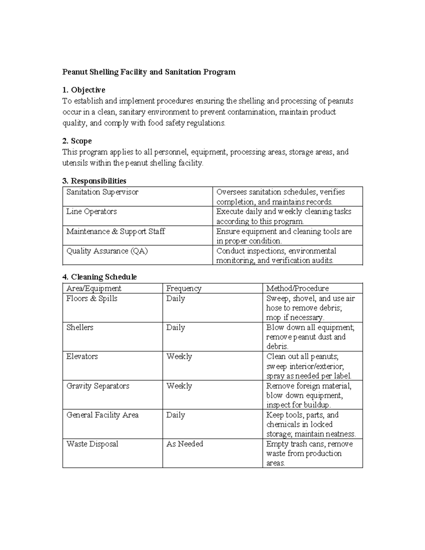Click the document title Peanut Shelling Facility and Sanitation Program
(149, 72)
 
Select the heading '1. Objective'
(84, 90)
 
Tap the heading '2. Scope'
(77, 141)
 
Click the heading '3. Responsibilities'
(94, 181)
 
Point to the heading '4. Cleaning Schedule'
(100, 277)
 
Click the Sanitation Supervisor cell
(102, 192)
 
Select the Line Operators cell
(91, 212)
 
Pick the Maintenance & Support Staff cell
(115, 232)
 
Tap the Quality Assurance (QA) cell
(107, 251)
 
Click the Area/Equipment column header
(93, 288)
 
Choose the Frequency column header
(184, 288)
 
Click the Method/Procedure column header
(297, 288)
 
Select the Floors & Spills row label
(92, 299)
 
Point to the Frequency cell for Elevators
(179, 357)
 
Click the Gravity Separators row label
(98, 386)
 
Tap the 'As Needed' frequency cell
(185, 444)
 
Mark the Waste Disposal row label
(92, 444)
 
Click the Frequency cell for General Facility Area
(176, 415)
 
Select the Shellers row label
(80, 328)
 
